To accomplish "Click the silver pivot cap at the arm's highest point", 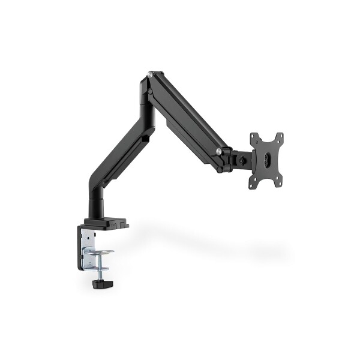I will tap(148, 76).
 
